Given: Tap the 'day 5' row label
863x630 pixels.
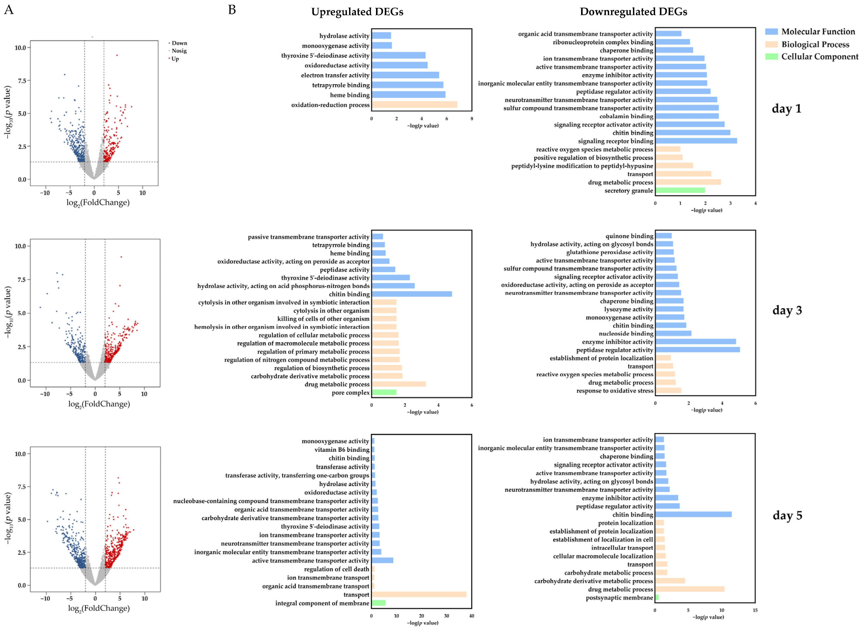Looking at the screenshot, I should point(787,516).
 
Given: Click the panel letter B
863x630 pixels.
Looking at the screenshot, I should point(232,10).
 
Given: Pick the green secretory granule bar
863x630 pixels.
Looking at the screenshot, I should point(680,190).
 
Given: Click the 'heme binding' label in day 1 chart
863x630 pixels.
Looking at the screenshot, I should point(350,95).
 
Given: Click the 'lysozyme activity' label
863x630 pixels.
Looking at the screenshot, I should point(628,309).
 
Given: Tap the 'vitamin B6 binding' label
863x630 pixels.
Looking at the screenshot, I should point(342,450).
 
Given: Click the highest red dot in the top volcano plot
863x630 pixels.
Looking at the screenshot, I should point(117,55).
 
